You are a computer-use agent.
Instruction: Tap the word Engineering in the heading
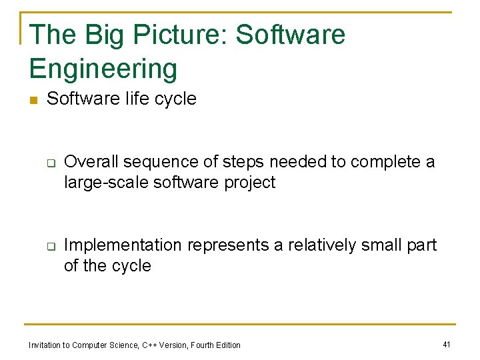tap(103, 69)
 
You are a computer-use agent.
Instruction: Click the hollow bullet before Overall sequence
tap(50, 163)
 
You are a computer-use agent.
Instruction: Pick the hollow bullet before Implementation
tap(50, 246)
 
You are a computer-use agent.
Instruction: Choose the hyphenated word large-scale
tap(107, 183)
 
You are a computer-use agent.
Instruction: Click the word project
tap(250, 183)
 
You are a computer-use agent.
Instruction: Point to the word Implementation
tap(123, 245)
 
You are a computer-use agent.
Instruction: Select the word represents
tap(227, 245)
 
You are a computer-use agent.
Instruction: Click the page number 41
tap(447, 344)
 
